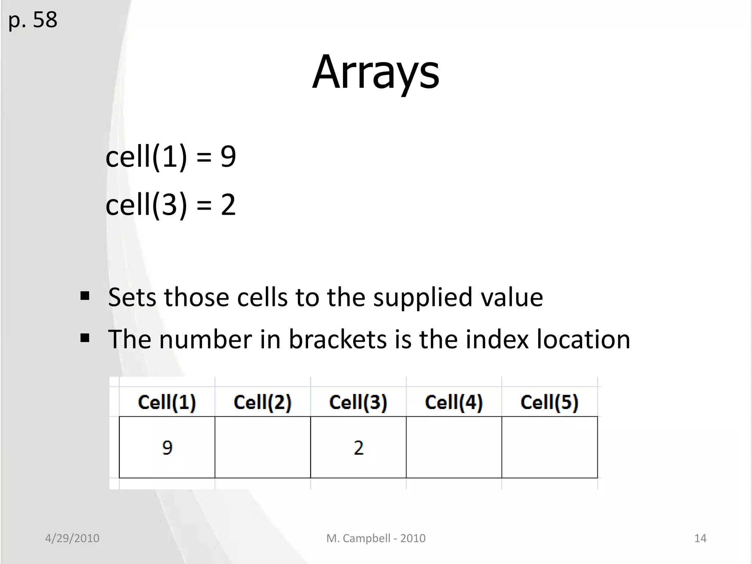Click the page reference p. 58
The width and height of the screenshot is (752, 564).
point(33,20)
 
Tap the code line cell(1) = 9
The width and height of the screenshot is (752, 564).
point(171,157)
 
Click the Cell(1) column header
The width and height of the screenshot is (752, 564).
point(167,402)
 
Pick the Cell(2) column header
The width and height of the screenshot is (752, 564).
point(263,402)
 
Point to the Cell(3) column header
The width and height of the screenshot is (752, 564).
point(358,402)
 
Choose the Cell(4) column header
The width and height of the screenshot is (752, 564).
point(454,402)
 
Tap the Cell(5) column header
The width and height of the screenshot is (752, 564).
point(549,402)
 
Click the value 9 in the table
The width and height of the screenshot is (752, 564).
point(167,448)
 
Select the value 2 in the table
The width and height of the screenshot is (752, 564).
point(359,448)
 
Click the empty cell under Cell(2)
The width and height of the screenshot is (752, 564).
point(263,447)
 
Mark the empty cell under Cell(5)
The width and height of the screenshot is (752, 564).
point(549,447)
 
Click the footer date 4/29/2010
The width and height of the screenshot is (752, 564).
point(72,538)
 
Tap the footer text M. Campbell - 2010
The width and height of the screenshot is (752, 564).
point(376,538)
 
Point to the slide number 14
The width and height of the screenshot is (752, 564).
point(700,538)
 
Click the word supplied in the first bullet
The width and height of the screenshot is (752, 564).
point(422,297)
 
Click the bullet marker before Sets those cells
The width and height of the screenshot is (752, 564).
point(85,296)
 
